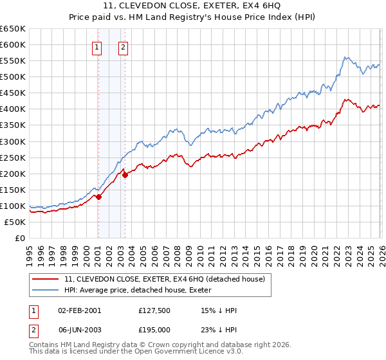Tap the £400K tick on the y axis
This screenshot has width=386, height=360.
coord(13,109)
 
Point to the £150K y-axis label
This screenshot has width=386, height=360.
coord(13,190)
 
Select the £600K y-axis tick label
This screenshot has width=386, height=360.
coord(13,44)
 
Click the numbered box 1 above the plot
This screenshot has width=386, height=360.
coord(96,46)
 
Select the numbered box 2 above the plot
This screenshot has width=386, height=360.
coord(123,46)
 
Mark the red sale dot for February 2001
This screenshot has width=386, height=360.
coord(98,197)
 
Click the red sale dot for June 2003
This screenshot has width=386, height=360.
coord(125,175)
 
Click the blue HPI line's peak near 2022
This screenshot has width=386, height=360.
coord(345,57)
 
